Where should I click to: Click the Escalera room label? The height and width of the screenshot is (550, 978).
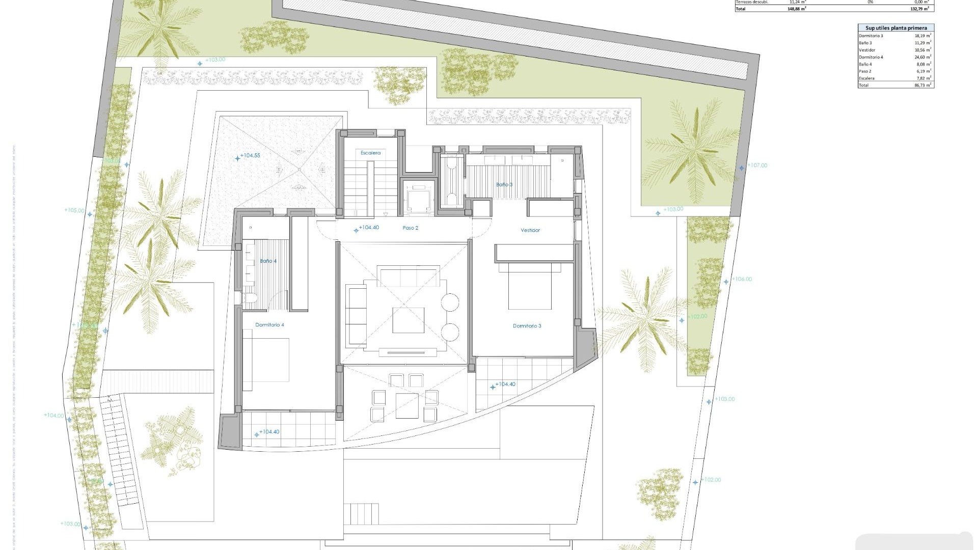(x=370, y=153)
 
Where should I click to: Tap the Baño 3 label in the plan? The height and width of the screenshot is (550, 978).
(x=504, y=184)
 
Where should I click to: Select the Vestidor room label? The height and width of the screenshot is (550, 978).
(x=530, y=230)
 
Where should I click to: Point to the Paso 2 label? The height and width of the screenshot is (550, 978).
(x=410, y=228)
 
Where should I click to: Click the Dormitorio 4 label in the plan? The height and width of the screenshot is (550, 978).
(x=269, y=325)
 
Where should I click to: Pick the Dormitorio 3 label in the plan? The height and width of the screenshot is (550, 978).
(x=527, y=326)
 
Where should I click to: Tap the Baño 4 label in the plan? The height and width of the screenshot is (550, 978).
(x=268, y=261)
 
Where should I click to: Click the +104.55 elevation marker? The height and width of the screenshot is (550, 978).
(x=249, y=156)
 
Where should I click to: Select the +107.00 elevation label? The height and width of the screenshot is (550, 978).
(x=756, y=166)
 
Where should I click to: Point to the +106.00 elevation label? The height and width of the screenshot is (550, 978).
(x=741, y=279)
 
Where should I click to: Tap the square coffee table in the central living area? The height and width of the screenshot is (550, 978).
(x=408, y=320)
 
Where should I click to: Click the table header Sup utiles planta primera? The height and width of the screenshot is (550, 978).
(x=896, y=28)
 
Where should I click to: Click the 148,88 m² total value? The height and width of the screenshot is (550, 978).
(x=796, y=9)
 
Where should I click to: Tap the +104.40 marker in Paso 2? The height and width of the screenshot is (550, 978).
(x=368, y=228)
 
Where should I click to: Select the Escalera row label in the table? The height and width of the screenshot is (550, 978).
(x=866, y=78)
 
